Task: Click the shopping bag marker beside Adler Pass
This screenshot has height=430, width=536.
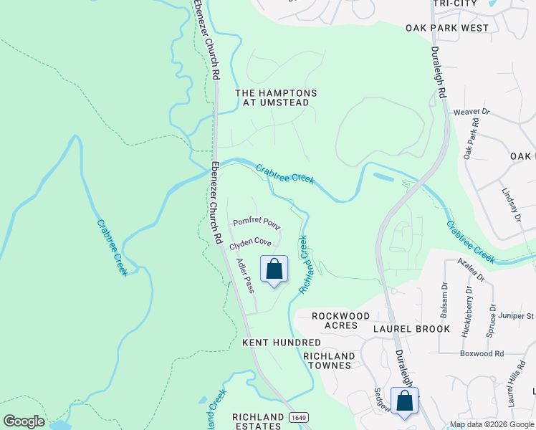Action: coord(273,270)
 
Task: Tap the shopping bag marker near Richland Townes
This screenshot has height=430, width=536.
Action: coord(405,402)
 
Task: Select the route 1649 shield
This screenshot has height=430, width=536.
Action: coord(299,417)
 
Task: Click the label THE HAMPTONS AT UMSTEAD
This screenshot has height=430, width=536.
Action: coord(276,98)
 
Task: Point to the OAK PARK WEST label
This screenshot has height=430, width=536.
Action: coord(446,28)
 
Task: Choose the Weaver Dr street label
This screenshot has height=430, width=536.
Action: coord(471,112)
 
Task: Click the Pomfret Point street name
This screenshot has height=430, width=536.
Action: coord(257,221)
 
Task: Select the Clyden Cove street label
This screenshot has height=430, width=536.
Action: coord(250,244)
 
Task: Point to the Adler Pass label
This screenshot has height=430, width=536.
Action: coord(245,276)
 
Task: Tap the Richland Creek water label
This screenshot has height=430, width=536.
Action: coord(305,264)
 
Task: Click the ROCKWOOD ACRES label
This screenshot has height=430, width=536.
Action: coord(341,320)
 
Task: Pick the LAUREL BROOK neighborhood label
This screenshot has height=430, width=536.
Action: coord(411,329)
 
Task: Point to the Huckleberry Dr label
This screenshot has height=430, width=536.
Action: coord(469,305)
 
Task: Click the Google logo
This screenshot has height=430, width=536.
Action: coord(24,421)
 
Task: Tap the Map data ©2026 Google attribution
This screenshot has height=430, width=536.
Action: coord(492,424)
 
